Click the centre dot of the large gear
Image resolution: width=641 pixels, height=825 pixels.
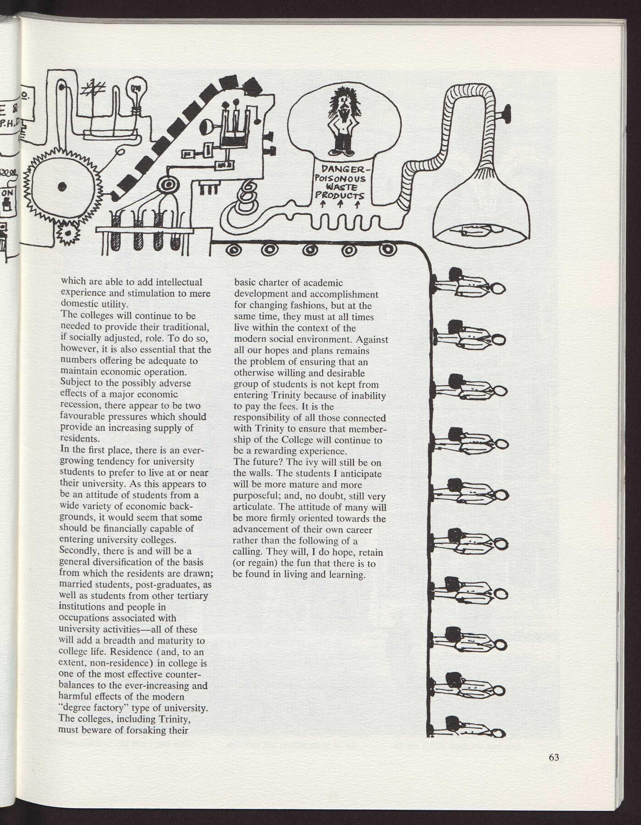pyautogui.click(x=63, y=186)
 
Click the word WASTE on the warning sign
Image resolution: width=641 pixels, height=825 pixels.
pyautogui.click(x=340, y=187)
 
